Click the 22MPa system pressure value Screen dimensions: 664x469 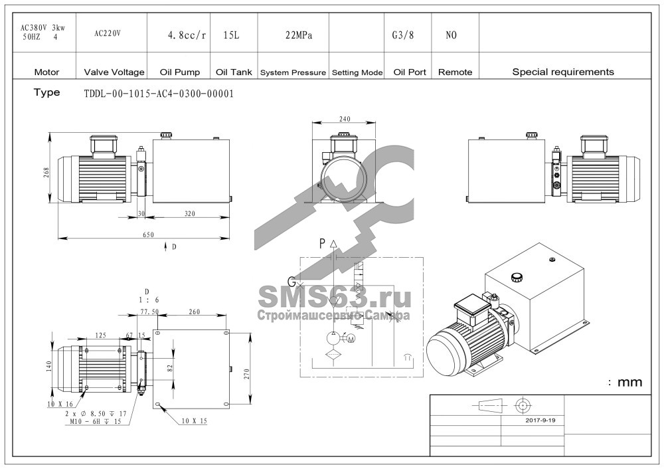point(299,35)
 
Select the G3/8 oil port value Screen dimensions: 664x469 point(403,35)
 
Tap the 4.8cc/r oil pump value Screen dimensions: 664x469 point(187,36)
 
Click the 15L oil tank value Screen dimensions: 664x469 point(231,35)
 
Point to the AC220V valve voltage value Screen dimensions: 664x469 point(107,33)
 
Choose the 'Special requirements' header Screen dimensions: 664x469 point(563,72)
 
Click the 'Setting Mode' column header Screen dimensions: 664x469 point(357,73)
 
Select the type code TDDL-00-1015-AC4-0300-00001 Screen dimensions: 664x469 point(159,94)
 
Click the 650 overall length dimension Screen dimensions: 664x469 point(148,234)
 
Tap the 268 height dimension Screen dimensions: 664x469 point(46,173)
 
